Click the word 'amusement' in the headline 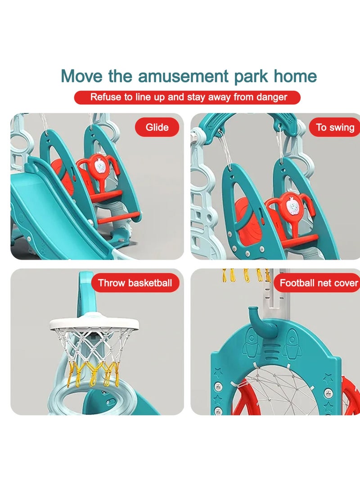coord(184,77)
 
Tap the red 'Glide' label coord(157,127)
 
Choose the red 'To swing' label coord(334,127)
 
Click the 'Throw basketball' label coord(135,283)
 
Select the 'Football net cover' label coord(317,283)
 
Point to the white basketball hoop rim coord(94,324)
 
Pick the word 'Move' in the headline coord(82,76)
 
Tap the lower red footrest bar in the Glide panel coord(118,217)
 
